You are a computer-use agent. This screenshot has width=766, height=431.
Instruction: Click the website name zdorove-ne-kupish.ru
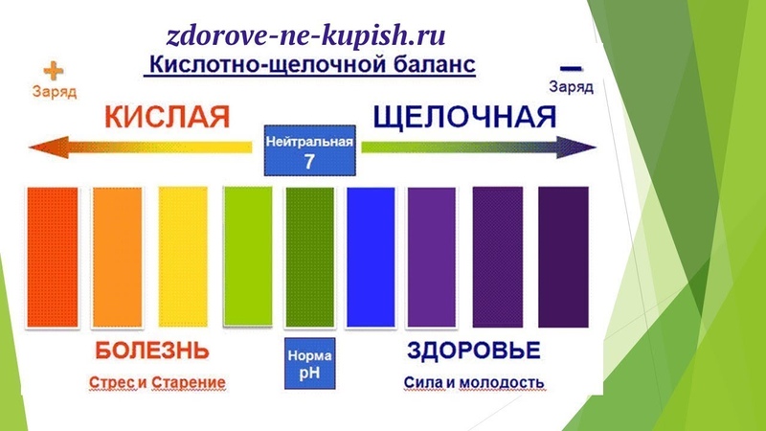click(x=305, y=36)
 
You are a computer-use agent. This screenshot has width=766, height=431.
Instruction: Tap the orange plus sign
click(x=54, y=71)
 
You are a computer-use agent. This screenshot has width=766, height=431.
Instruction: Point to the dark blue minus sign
click(x=571, y=68)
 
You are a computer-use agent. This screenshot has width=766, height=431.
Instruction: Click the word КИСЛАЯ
click(x=167, y=117)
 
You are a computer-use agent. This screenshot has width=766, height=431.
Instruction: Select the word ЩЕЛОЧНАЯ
click(x=464, y=117)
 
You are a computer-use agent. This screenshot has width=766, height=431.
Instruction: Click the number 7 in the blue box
click(x=309, y=162)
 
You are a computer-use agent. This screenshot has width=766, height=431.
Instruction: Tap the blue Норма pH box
click(x=309, y=364)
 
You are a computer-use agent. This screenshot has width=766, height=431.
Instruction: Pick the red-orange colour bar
click(x=53, y=257)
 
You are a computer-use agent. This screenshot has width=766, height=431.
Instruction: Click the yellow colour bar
click(x=183, y=257)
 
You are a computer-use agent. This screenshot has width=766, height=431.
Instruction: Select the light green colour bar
click(x=248, y=256)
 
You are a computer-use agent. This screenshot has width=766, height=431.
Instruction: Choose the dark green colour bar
click(x=310, y=257)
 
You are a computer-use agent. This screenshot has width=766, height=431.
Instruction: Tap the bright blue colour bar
click(x=371, y=257)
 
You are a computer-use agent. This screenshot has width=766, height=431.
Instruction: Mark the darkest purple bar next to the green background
click(x=563, y=257)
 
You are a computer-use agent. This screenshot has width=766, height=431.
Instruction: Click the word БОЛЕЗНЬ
click(x=152, y=351)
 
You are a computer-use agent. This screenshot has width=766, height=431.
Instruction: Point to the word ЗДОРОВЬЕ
click(x=474, y=351)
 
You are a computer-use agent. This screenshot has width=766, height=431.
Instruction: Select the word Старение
click(x=189, y=382)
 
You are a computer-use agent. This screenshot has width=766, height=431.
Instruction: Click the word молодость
click(x=502, y=382)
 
